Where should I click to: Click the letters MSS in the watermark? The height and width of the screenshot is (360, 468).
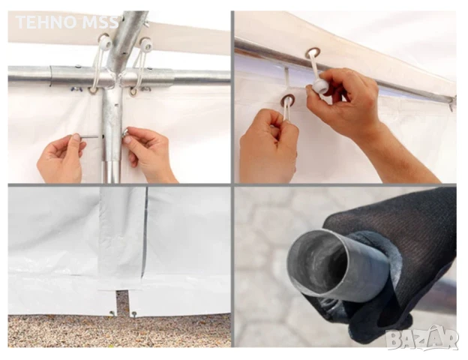tap(100, 22)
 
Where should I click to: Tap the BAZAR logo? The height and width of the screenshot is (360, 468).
tap(421, 338)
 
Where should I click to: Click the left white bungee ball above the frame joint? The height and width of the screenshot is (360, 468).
tap(105, 43)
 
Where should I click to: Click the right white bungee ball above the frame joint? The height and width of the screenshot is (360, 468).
tap(146, 45)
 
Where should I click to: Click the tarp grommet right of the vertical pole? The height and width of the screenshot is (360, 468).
tap(134, 91)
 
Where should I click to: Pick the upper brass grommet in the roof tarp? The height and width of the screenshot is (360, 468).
tap(312, 53)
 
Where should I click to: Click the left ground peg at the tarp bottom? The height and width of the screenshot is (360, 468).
tap(112, 313)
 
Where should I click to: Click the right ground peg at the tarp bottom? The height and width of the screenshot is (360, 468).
tap(133, 313)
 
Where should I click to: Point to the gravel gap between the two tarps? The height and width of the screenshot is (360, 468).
tap(121, 303)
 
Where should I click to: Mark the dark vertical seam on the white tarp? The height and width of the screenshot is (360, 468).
tap(145, 231)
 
